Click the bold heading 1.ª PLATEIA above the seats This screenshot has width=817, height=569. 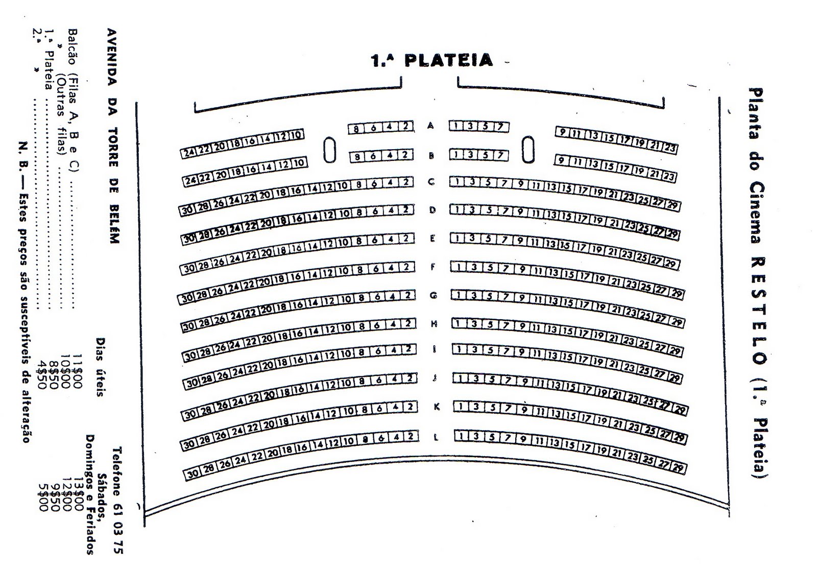click(x=431, y=60)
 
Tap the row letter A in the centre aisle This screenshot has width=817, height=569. click(x=431, y=126)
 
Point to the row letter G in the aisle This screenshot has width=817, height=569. click(x=434, y=295)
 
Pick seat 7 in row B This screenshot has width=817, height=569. click(x=501, y=154)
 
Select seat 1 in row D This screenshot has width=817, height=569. click(x=458, y=209)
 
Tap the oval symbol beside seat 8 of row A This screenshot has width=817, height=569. click(x=330, y=149)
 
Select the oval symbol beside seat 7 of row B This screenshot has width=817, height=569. click(x=528, y=149)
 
